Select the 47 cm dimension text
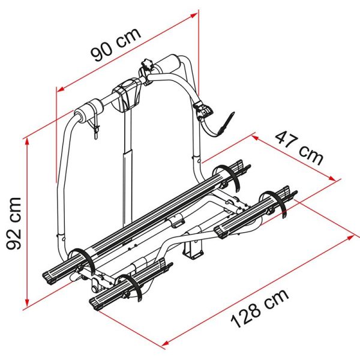pos(299,148)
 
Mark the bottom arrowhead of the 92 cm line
pos(27,304)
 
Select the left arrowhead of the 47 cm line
pos(254,137)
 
